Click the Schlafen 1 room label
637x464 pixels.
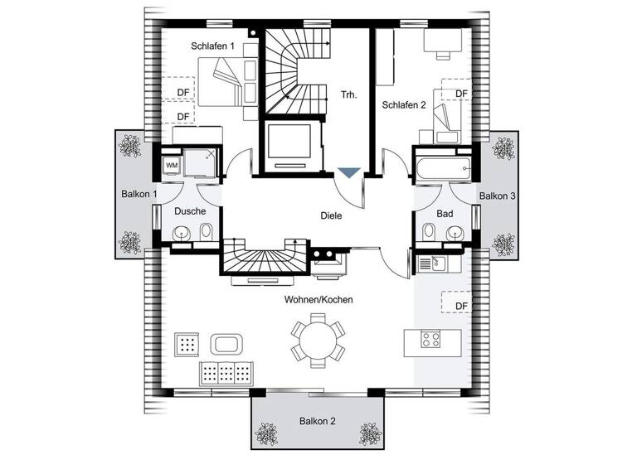point(215,46)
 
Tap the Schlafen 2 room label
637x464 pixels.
point(403,105)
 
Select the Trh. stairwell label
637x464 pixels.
point(348,94)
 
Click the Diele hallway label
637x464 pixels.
point(331,215)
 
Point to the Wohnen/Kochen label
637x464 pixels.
point(318,299)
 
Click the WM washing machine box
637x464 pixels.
point(172,165)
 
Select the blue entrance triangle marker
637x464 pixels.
point(349,172)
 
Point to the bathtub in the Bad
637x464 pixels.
point(444,167)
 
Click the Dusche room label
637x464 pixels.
point(190,211)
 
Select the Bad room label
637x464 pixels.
point(445,214)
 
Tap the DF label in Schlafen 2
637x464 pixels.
point(461,94)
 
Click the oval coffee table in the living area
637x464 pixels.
point(226,344)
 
